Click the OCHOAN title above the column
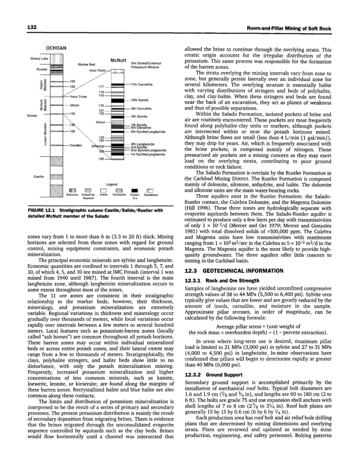56,48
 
